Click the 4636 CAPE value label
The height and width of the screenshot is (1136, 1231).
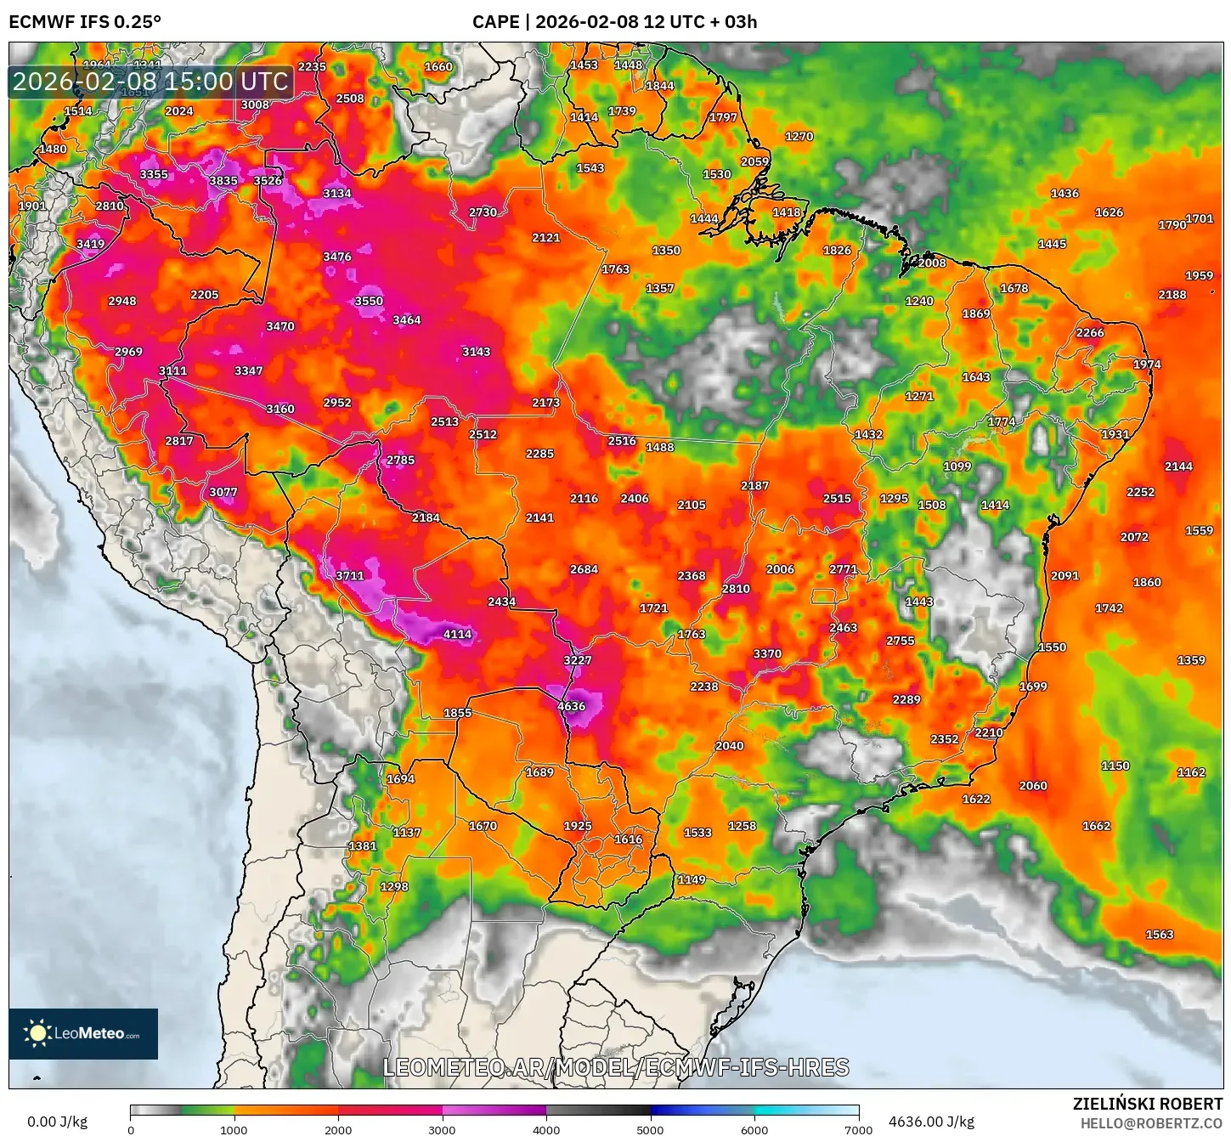pos(571,706)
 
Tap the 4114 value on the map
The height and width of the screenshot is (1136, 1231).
pos(457,634)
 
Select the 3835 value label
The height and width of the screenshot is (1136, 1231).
pos(223,180)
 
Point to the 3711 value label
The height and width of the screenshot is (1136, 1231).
pos(349,575)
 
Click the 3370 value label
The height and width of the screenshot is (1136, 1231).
pos(766,653)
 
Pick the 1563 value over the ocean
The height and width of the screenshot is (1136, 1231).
pos(1159,934)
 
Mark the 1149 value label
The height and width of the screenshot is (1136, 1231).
pos(691,879)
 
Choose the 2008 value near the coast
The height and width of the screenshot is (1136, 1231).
pos(931,263)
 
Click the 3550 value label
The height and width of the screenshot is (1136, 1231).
pos(369,301)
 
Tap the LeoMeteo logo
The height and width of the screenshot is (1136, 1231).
pos(83,1033)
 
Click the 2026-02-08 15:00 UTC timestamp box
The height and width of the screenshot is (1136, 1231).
pos(151,82)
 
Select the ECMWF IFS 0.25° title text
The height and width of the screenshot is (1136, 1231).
pos(85,22)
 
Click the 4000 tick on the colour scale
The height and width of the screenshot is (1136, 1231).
pos(546,1129)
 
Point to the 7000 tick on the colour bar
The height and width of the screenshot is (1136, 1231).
pos(858,1129)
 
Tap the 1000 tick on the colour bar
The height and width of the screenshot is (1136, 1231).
pos(234,1129)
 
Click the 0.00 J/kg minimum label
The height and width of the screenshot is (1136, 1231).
pos(57,1122)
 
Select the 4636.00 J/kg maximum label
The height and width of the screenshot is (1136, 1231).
pos(931,1122)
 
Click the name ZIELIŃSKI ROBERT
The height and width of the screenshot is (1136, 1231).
pos(1147,1104)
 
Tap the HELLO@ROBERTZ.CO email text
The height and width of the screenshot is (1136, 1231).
pos(1151,1123)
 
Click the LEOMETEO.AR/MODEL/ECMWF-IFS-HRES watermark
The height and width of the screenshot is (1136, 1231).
pos(616,1067)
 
